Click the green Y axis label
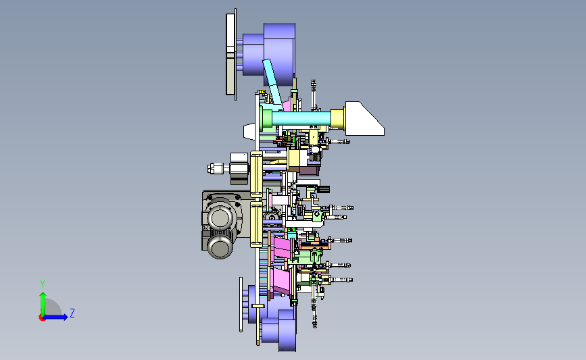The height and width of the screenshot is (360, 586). click(x=43, y=284)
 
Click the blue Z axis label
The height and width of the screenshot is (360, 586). click(x=72, y=313)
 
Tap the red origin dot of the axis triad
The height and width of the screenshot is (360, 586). click(x=42, y=317)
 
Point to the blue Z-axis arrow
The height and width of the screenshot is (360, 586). click(x=56, y=317)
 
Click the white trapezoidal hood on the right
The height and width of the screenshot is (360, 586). click(x=363, y=119)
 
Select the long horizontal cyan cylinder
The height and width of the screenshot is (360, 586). click(x=301, y=119)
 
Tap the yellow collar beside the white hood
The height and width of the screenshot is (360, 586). click(x=337, y=119)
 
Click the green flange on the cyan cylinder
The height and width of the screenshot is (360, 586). click(x=266, y=118)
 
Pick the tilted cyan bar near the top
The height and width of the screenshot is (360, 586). click(x=272, y=82)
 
